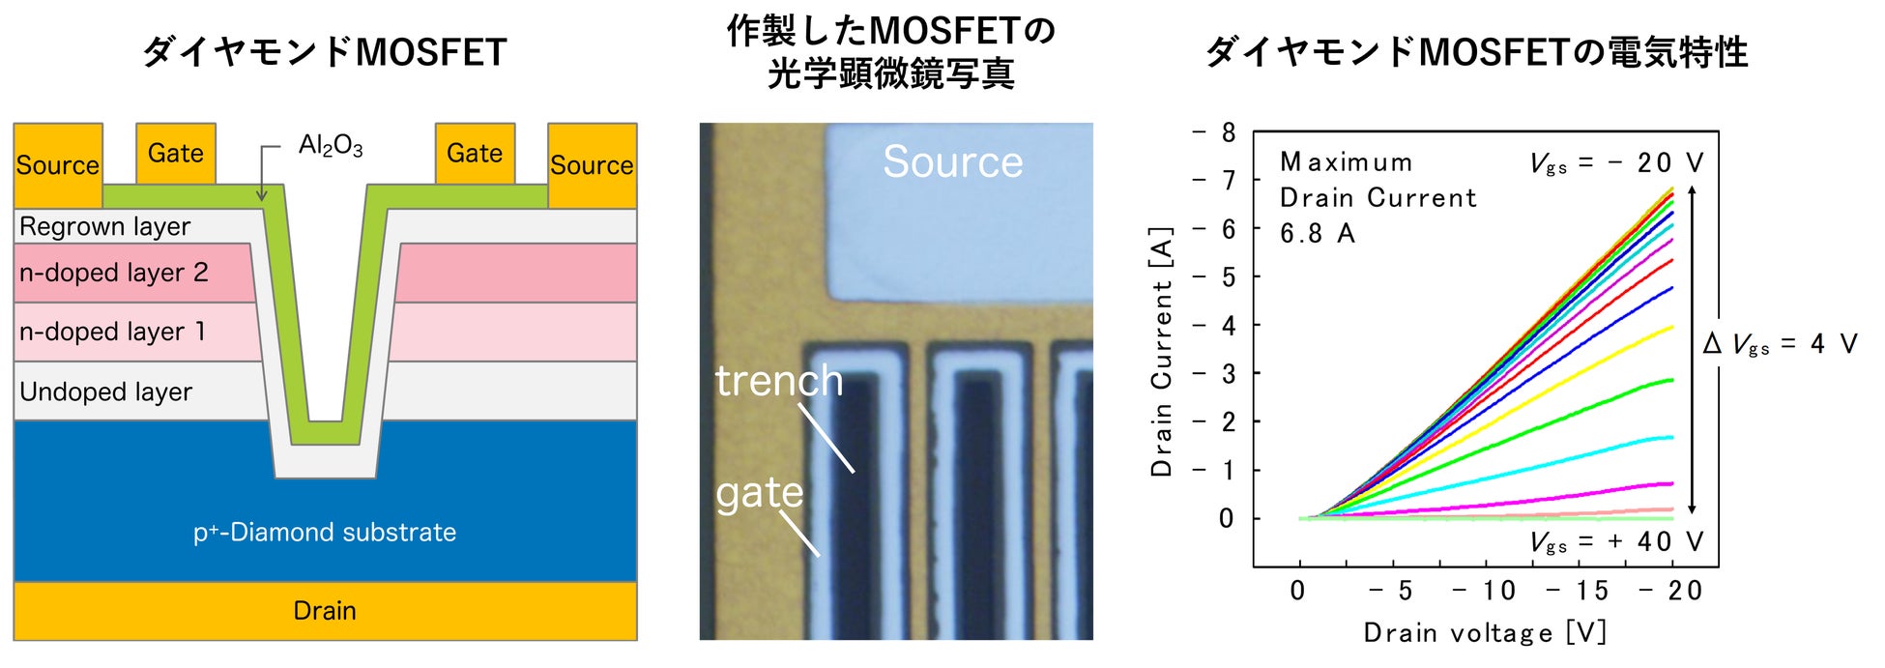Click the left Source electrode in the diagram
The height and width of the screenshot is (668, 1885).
58,165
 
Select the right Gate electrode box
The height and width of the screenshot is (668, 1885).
475,153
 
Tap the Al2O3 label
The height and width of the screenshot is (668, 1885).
330,146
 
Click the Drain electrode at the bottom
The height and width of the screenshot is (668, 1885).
325,611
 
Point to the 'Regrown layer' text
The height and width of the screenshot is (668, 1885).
104,226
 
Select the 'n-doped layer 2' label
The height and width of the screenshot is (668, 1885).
113,273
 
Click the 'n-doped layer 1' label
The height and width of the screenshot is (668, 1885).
112,332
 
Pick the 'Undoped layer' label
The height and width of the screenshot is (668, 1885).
105,392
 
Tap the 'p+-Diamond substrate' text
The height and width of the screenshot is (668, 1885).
325,532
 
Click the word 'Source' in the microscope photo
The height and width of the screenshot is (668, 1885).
952,161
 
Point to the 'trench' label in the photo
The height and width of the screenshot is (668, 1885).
778,381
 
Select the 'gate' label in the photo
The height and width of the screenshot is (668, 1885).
759,493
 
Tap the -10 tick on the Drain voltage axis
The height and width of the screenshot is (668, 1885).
1485,591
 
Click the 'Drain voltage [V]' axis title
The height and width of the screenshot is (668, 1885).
1485,633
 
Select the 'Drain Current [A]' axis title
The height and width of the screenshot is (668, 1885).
1161,352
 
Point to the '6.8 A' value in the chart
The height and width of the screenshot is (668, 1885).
1317,234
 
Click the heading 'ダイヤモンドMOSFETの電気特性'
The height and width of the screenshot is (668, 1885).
1477,52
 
